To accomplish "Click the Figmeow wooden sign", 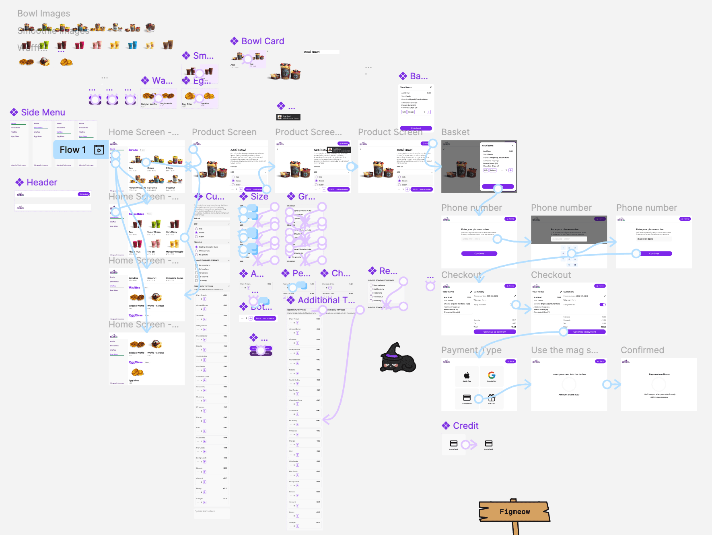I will point(514,512).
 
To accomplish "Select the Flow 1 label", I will point(73,150).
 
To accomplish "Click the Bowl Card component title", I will point(262,41).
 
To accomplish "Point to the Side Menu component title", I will point(43,113).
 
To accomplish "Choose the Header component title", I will point(42,183).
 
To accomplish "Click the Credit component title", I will point(465,426).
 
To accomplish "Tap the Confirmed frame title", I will point(642,350).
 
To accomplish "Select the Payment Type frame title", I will point(471,350).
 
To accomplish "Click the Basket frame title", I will point(455,132).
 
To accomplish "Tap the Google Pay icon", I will point(492,376).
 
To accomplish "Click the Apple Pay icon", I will point(467,376).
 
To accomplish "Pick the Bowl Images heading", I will point(43,14).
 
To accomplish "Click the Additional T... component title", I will point(326,300).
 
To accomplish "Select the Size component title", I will point(259,197).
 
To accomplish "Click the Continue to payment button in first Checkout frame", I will point(494,332).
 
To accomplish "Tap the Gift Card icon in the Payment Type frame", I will point(492,398).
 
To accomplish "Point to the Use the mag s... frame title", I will point(564,350).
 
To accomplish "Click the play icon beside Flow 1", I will point(99,150).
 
